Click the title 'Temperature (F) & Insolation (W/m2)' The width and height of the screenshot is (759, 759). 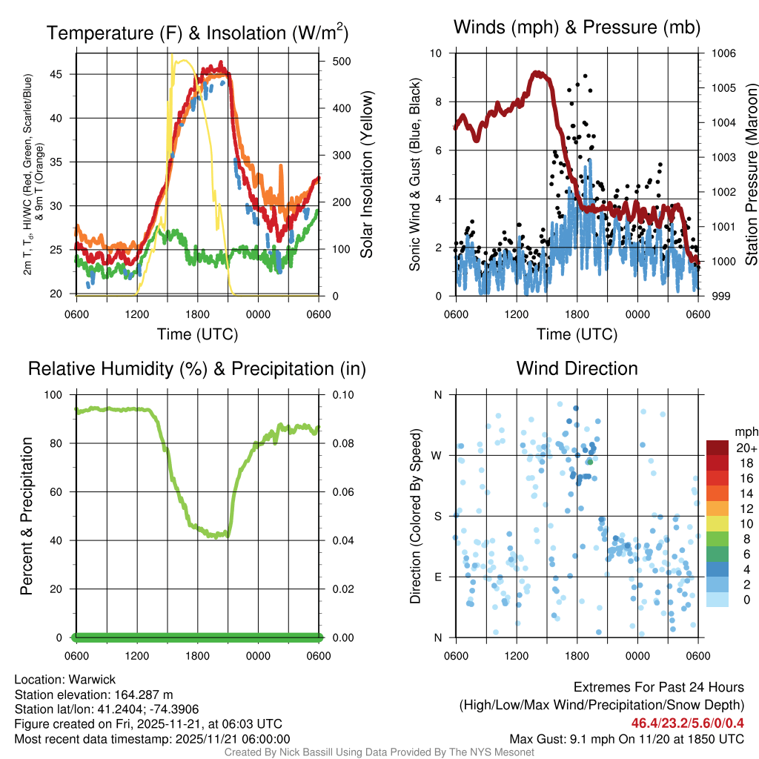tap(197, 33)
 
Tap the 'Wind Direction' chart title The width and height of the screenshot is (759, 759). tap(577, 368)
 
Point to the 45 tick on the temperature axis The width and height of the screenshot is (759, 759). tap(64, 74)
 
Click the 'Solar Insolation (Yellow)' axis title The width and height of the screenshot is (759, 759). tap(366, 175)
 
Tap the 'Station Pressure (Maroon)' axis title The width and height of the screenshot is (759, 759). tap(750, 175)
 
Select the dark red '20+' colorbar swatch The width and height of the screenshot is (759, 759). tap(717, 448)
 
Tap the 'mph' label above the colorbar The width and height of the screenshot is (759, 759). tap(744, 431)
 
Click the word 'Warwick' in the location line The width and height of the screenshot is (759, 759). tap(88, 680)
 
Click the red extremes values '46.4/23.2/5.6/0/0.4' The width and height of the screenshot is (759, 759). tap(687, 723)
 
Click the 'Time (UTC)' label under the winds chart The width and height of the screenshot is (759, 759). tap(577, 334)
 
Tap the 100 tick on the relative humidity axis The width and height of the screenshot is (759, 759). tap(59, 395)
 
